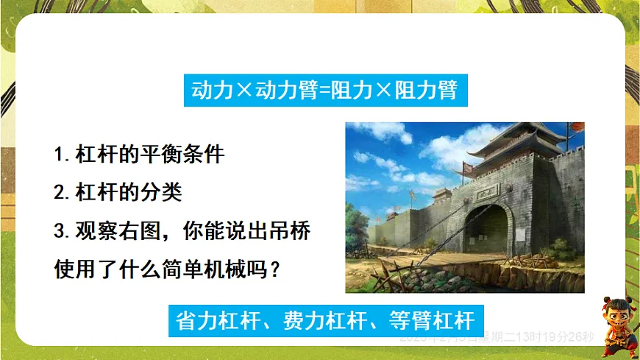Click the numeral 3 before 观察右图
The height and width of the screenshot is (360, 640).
click(60, 231)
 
